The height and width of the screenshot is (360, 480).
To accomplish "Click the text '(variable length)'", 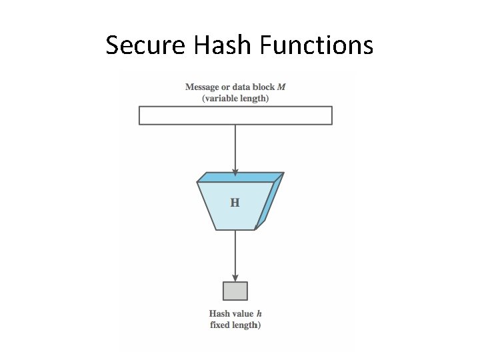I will [x=235, y=98].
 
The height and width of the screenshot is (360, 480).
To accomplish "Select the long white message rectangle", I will [x=235, y=115].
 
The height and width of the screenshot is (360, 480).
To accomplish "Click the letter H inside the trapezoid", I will [x=235, y=203].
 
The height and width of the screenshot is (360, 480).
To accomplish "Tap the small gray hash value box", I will [x=235, y=291].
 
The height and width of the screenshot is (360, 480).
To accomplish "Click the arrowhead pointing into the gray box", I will [x=235, y=277].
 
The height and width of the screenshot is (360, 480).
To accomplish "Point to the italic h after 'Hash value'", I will [x=259, y=313].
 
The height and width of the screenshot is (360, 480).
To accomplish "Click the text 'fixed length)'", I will [x=235, y=325].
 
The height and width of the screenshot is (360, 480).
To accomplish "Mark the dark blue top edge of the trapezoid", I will [x=237, y=177].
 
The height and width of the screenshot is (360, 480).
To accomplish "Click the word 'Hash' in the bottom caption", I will [x=219, y=313].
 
